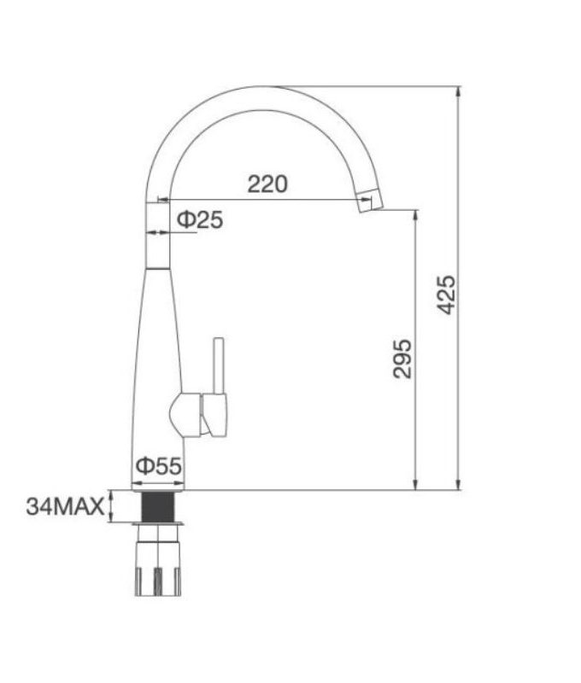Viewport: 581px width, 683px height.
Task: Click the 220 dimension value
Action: tap(267, 183)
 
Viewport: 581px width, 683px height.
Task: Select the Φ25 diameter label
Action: tap(200, 220)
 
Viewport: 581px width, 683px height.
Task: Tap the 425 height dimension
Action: tap(446, 295)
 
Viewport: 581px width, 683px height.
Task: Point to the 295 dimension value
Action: tap(402, 359)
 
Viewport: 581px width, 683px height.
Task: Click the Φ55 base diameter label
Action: tap(158, 466)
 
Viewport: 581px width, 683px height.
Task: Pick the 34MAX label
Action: tap(64, 506)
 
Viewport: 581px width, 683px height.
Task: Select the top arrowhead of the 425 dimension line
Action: tap(459, 91)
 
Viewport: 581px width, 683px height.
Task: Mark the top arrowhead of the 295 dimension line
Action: tap(416, 214)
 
